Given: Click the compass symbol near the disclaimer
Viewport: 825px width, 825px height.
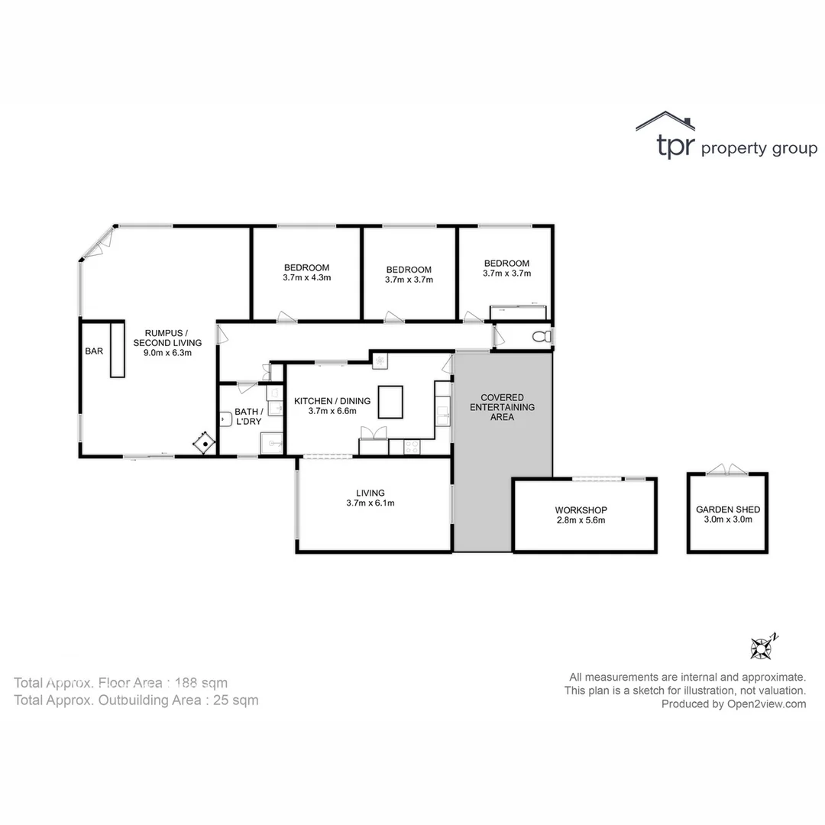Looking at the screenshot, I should pyautogui.click(x=762, y=648).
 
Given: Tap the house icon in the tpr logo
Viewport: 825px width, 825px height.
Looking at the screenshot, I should pyautogui.click(x=665, y=121).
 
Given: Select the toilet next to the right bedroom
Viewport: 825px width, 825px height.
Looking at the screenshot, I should pyautogui.click(x=542, y=336).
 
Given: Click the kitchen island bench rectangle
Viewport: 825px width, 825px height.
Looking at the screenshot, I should pyautogui.click(x=390, y=402).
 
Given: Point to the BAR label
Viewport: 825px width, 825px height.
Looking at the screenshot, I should pyautogui.click(x=94, y=351).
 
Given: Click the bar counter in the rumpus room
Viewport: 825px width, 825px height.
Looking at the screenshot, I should pyautogui.click(x=117, y=349).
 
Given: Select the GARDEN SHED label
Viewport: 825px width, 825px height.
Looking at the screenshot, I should pyautogui.click(x=727, y=510).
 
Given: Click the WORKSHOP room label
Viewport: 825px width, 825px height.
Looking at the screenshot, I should pyautogui.click(x=581, y=510).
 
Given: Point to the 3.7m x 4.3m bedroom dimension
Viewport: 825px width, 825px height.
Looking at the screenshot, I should pyautogui.click(x=306, y=278).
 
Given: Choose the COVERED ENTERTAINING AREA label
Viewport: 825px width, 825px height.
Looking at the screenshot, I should pyautogui.click(x=502, y=407).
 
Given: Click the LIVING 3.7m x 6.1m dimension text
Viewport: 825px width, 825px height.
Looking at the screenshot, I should pyautogui.click(x=370, y=503).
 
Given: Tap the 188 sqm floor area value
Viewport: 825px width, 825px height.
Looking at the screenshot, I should pyautogui.click(x=202, y=683).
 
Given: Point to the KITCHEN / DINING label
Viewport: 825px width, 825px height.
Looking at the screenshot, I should pyautogui.click(x=332, y=401).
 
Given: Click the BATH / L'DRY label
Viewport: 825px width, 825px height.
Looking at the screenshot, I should pyautogui.click(x=249, y=417).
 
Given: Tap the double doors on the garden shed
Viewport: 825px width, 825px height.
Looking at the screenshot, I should pyautogui.click(x=726, y=470).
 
